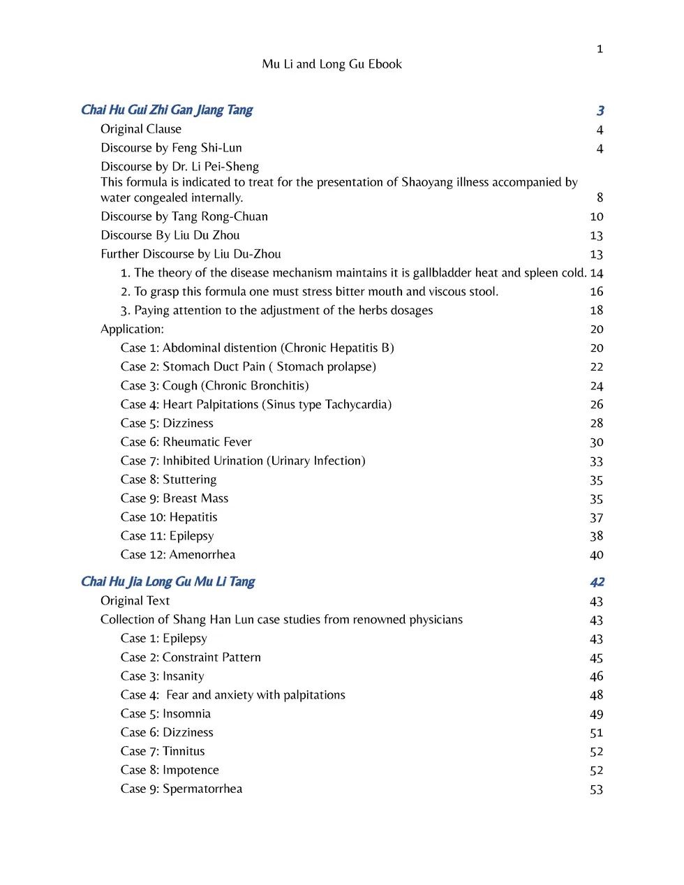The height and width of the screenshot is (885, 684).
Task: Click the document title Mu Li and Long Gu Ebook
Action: (332, 64)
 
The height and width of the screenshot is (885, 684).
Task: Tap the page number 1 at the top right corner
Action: (600, 49)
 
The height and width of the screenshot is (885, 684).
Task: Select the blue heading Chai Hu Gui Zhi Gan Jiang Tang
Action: (167, 110)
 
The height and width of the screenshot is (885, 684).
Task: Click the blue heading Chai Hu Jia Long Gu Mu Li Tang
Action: (168, 581)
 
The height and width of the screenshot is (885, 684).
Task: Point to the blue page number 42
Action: (597, 582)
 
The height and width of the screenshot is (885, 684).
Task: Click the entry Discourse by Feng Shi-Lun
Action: (171, 148)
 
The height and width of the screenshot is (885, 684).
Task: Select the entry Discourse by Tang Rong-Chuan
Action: (184, 216)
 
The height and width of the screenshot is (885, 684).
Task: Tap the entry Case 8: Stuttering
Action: (168, 479)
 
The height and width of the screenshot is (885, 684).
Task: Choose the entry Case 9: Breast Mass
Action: (174, 498)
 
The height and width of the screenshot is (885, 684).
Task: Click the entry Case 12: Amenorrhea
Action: (178, 555)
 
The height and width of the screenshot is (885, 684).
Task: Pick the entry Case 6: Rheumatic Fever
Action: (186, 442)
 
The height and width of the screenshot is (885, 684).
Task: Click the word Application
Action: (132, 329)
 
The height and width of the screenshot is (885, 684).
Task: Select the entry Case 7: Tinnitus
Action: (163, 751)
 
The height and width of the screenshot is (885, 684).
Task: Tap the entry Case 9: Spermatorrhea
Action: (181, 789)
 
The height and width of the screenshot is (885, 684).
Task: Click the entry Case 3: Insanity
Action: (162, 676)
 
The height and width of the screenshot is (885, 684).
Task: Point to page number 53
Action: (596, 789)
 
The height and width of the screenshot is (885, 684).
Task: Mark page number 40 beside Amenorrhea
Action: (596, 556)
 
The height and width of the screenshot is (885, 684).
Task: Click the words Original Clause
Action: (141, 129)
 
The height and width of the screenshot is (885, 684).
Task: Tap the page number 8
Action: (600, 198)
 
